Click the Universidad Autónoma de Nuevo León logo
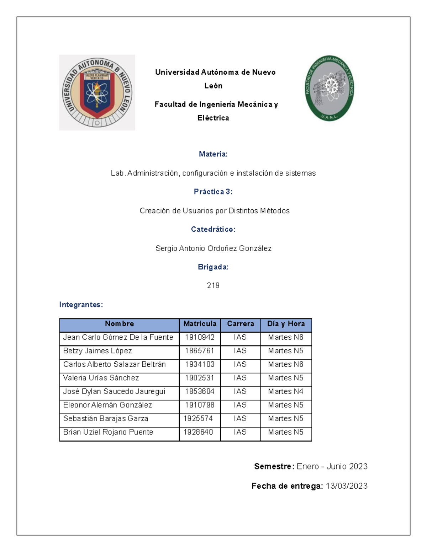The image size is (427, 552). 97,92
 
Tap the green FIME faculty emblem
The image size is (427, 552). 330,88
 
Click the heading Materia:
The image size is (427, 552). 213,154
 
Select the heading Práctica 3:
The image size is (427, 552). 213,192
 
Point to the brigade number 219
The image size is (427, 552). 213,285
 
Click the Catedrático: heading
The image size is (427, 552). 213,229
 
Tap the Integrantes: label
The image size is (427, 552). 81,305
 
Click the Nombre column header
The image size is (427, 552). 119,324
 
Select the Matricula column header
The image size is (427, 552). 200,324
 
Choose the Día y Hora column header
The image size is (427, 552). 286,324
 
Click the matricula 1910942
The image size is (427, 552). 200,337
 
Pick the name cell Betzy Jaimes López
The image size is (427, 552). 97,351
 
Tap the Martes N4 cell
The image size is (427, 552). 286,391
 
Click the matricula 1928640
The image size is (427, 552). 198,432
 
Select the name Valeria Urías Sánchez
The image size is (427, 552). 101,378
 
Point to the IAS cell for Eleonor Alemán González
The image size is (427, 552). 240,405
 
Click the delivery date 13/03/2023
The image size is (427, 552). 347,486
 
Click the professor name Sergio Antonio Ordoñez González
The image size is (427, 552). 213,248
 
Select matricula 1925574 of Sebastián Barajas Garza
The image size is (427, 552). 198,419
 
